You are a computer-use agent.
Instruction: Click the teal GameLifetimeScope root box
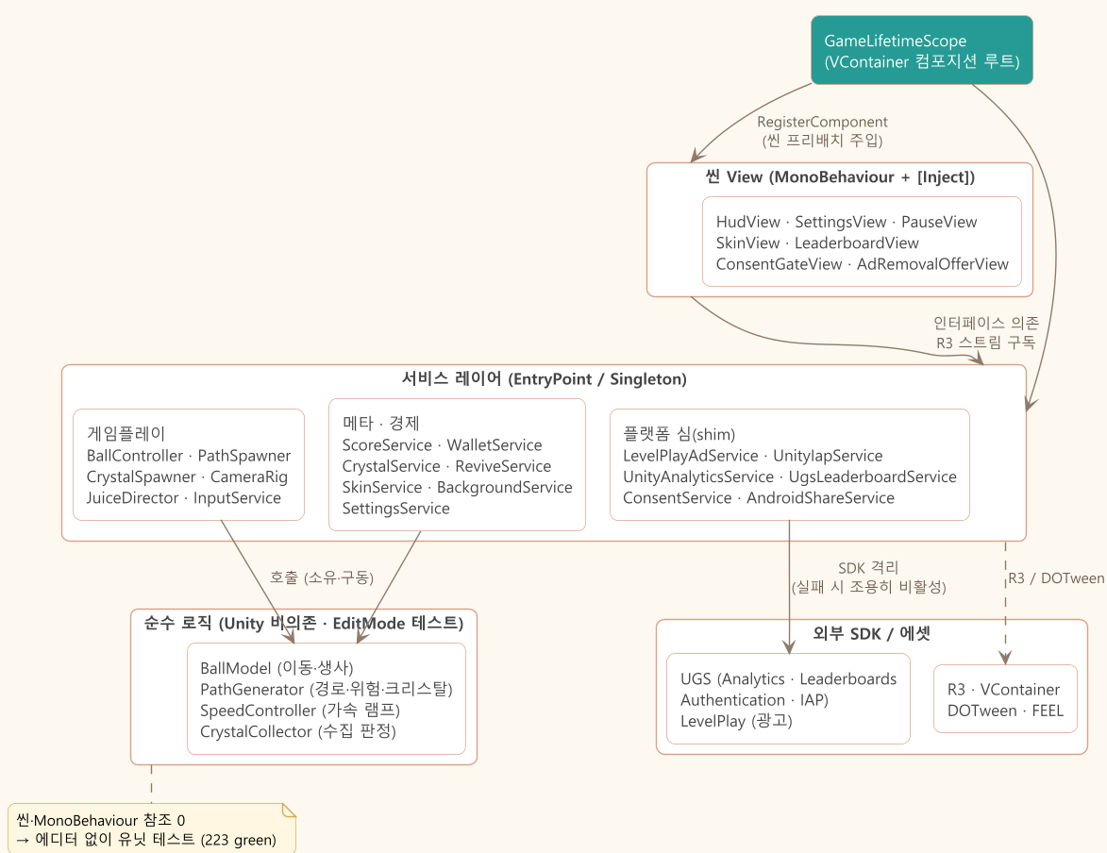coord(921,50)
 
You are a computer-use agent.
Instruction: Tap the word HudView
coord(747,222)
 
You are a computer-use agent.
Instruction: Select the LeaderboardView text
coord(856,243)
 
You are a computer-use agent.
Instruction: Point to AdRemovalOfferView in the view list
coord(932,264)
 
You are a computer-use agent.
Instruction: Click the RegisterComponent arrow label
coord(822,122)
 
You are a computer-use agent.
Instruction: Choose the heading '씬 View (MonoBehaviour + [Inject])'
coord(839,177)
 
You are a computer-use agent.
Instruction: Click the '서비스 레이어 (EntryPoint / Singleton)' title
coord(545,379)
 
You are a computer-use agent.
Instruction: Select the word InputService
coord(237,498)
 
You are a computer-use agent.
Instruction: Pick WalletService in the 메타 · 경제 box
coord(495,444)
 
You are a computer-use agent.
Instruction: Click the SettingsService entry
coord(395,509)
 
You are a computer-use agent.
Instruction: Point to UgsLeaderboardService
coord(873,477)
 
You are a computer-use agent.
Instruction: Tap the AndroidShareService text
coord(820,498)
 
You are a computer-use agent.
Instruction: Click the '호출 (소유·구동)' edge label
coord(321,577)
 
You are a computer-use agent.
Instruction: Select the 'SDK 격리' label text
coord(868,568)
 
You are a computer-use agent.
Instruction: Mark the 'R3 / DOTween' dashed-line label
coord(1056,578)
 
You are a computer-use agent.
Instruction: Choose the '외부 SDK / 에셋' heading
coord(871,633)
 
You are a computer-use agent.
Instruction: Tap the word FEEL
coord(1048,711)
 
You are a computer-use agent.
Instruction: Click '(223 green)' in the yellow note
coord(238,840)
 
